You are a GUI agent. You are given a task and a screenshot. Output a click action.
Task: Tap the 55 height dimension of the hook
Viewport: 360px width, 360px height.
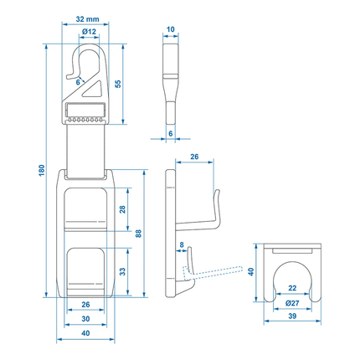point(118,83)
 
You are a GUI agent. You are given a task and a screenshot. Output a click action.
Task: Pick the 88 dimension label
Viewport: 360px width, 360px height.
point(139,236)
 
